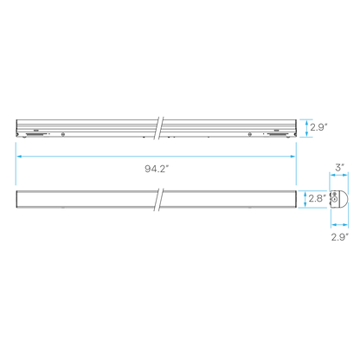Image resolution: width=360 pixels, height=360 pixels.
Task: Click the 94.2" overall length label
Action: click(157, 169)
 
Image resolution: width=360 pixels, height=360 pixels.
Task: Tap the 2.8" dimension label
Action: click(318, 198)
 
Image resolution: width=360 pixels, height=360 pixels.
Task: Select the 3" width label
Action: click(339, 167)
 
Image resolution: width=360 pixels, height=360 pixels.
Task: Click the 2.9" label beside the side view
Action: click(319, 127)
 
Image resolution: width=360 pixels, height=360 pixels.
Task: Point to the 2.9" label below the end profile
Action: click(339, 237)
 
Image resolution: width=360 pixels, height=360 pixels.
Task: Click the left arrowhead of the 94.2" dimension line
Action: click(19, 157)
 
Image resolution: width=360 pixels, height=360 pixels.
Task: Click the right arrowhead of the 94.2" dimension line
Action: click(292, 157)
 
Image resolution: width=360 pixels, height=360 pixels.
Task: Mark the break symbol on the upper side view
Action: click(159, 128)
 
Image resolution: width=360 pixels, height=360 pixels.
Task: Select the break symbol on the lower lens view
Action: click(159, 199)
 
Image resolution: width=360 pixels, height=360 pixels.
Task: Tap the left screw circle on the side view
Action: click(63, 134)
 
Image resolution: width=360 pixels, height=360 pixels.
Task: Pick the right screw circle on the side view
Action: click(250, 134)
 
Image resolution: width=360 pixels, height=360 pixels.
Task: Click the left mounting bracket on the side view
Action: click(35, 134)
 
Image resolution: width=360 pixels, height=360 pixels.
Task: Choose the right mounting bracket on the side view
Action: click(276, 134)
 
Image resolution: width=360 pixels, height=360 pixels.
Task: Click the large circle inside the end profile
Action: click(335, 199)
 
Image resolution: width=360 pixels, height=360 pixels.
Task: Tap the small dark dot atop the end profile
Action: click(335, 193)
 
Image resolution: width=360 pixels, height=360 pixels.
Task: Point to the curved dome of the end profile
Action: click(345, 199)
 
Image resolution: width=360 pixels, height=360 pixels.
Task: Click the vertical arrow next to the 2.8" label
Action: click(305, 199)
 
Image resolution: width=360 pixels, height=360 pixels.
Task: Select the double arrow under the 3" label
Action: click(339, 175)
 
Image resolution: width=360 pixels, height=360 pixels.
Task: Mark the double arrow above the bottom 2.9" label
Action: click(339, 224)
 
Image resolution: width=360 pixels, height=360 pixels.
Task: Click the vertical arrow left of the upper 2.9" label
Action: click(306, 128)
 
